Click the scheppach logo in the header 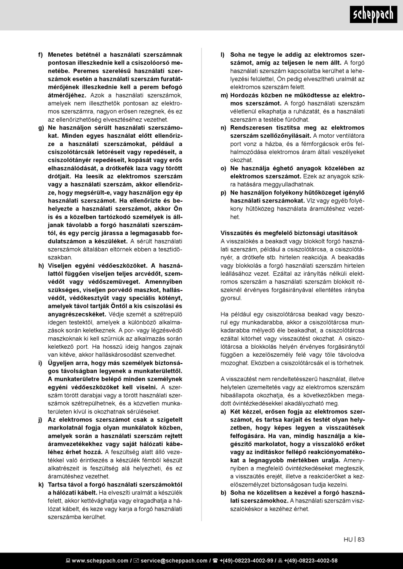373,15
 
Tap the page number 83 361,539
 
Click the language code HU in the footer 348,539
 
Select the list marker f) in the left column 40,55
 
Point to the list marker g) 41,128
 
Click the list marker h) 41,266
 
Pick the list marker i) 40,363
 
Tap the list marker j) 40,419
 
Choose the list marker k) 41,484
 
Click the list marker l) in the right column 222,55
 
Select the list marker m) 224,95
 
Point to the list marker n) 223,128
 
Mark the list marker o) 223,168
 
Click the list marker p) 223,192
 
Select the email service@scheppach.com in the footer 174,561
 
